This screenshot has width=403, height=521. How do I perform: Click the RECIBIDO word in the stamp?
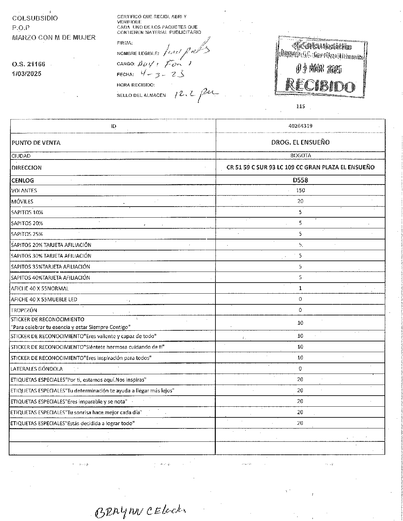(x=320, y=86)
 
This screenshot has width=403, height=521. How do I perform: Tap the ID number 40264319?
(x=300, y=126)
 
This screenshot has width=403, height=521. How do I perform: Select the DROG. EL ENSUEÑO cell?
(x=300, y=142)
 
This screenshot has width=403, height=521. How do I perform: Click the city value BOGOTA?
(x=300, y=156)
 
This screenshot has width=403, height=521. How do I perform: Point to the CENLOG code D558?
(x=300, y=180)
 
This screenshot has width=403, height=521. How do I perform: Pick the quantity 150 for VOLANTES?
(x=300, y=190)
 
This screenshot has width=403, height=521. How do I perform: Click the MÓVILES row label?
(x=22, y=201)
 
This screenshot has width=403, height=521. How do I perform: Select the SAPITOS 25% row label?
(x=27, y=234)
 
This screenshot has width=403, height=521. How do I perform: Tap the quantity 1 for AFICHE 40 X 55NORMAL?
(x=300, y=288)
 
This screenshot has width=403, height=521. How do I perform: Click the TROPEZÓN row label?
(x=24, y=310)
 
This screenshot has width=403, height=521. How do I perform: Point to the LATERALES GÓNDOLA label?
(x=37, y=369)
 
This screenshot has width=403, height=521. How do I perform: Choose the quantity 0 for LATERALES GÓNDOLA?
(x=300, y=369)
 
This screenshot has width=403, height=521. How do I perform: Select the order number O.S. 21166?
(x=29, y=64)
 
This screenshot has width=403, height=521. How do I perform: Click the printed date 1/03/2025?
(x=27, y=74)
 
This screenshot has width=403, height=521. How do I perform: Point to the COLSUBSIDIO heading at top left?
(x=35, y=18)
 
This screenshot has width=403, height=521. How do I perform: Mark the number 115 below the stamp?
(x=300, y=106)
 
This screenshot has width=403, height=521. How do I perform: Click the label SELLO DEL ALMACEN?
(x=141, y=95)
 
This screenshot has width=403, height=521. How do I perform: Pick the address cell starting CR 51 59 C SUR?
(x=300, y=167)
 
